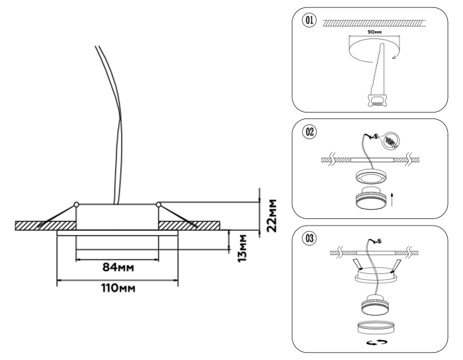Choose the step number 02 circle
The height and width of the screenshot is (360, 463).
pyautogui.click(x=307, y=131)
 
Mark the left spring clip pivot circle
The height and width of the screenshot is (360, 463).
pyautogui.click(x=77, y=204)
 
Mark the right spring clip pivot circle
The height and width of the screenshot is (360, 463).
pyautogui.click(x=158, y=204)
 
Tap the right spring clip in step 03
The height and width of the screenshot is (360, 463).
pyautogui.click(x=396, y=266)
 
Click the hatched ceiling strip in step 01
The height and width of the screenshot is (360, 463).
pyautogui.click(x=377, y=22)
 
